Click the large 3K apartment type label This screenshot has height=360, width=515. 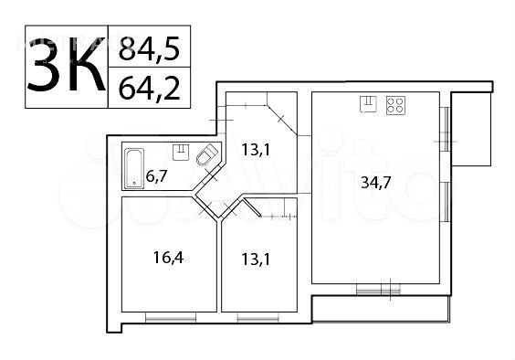pyautogui.click(x=66, y=65)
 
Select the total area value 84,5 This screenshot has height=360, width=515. pyautogui.click(x=150, y=48)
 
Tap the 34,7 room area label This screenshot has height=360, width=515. pyautogui.click(x=376, y=182)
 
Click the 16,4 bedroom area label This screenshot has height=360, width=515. pyautogui.click(x=168, y=258)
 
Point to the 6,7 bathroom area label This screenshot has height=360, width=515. pyautogui.click(x=157, y=177)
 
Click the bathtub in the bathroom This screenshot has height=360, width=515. pyautogui.click(x=134, y=168)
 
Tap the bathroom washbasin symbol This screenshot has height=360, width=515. pyautogui.click(x=181, y=153)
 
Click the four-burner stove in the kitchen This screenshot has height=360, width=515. pyautogui.click(x=395, y=105)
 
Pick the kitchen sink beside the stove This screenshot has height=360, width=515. pyautogui.click(x=369, y=104)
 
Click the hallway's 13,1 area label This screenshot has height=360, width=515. pyautogui.click(x=256, y=150)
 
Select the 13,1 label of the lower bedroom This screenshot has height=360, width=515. pyautogui.click(x=256, y=259)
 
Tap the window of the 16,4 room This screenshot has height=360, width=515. pyautogui.click(x=171, y=317)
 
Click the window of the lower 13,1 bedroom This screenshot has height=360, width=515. pyautogui.click(x=258, y=317)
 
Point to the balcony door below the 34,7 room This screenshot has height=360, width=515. pyautogui.click(x=378, y=290)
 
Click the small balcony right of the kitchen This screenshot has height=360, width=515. pyautogui.click(x=471, y=129)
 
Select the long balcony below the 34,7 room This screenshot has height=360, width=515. pyautogui.click(x=381, y=309)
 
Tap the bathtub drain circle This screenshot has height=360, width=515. pyautogui.click(x=134, y=183)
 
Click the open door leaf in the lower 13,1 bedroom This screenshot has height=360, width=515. pyautogui.click(x=252, y=207)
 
